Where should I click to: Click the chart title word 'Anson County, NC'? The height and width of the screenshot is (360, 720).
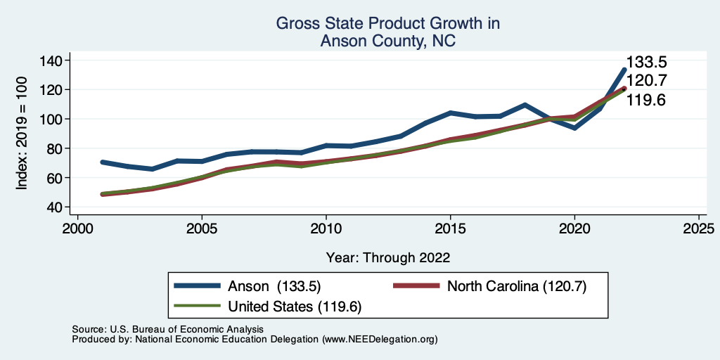point(387,41)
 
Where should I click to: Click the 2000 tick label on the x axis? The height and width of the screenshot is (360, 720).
point(78,229)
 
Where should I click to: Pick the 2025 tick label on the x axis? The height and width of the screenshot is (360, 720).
point(698,229)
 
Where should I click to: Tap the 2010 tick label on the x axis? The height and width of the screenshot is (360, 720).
point(326,229)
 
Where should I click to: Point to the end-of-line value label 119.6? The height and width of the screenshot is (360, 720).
point(646,100)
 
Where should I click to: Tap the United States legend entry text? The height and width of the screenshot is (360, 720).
point(295,307)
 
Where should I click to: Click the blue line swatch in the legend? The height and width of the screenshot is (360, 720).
point(198,286)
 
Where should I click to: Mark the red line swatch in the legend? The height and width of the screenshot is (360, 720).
point(416,286)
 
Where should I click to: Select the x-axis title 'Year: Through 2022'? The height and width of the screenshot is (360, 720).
point(388,257)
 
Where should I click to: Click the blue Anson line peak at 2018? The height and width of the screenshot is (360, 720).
point(525,105)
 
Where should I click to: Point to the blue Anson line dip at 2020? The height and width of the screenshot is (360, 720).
point(574,127)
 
